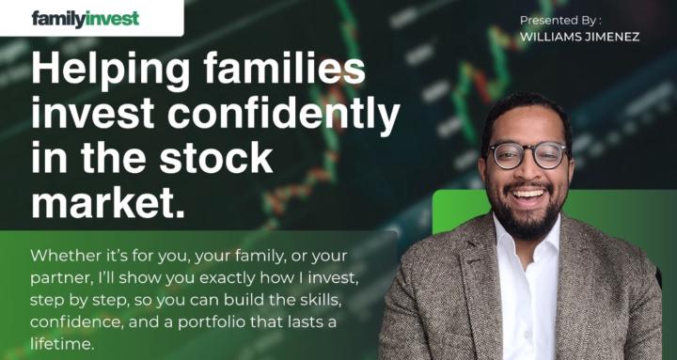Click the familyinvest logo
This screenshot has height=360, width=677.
(85, 18)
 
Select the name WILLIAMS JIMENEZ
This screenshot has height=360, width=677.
(578, 38)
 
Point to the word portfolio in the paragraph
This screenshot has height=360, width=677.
(226, 322)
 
